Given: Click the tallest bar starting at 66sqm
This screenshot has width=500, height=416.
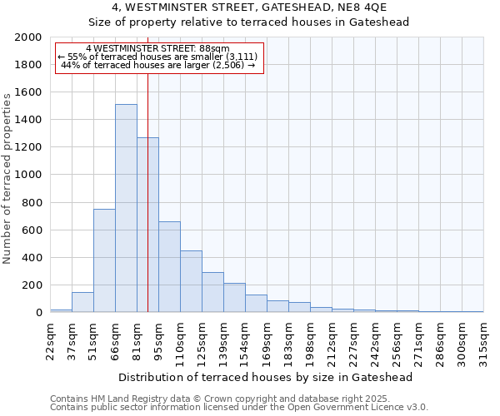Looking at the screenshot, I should (x=126, y=208).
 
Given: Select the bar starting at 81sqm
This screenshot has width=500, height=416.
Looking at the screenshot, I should (x=147, y=225).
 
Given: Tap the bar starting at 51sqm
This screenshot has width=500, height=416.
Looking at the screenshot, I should (x=104, y=260).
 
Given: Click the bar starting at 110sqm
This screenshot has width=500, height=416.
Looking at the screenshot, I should (x=191, y=281).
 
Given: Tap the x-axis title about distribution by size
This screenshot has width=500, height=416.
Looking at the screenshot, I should (x=266, y=377).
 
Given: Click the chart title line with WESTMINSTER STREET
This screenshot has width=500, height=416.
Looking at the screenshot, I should (x=249, y=7).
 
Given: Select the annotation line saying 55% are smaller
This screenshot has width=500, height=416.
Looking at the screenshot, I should (x=157, y=57).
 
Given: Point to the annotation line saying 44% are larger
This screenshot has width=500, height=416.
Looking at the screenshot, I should (x=157, y=65).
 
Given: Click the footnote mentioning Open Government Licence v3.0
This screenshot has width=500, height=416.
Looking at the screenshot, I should (x=238, y=407).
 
